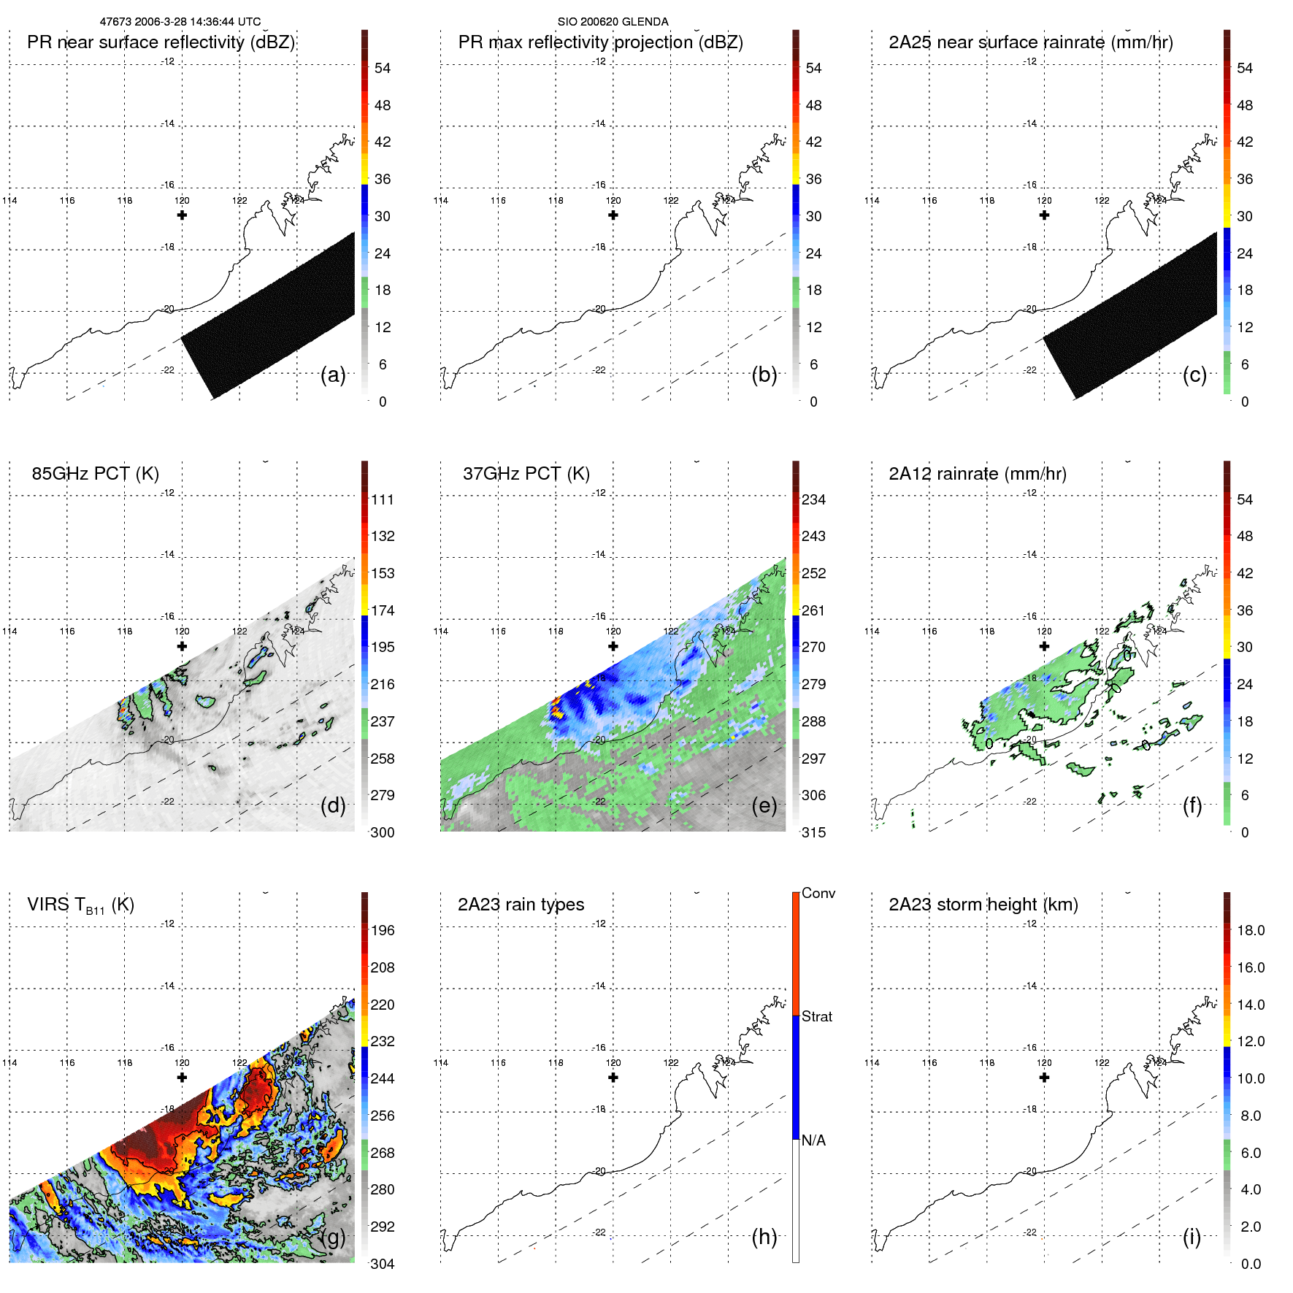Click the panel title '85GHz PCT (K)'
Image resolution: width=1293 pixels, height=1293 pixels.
(x=95, y=474)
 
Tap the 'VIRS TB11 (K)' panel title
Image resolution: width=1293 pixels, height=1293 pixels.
(x=80, y=905)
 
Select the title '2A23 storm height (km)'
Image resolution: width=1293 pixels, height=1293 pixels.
(x=983, y=905)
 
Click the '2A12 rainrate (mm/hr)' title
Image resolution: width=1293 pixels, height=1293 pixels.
(x=977, y=474)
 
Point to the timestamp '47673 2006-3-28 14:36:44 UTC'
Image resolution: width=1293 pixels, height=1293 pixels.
(x=180, y=22)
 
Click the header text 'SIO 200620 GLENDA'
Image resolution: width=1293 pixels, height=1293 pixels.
(x=613, y=22)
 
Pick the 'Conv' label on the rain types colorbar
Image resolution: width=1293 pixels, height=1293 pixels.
(x=818, y=893)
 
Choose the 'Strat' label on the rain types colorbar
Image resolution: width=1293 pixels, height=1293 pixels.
(x=816, y=1016)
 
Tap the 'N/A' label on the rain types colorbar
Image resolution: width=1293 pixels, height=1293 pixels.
(x=813, y=1140)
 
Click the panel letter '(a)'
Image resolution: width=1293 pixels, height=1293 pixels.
(x=333, y=375)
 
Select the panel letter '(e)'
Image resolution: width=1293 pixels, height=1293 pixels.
(x=764, y=806)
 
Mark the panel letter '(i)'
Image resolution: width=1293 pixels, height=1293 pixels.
(x=1192, y=1237)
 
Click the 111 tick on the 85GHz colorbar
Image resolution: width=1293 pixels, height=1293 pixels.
(x=383, y=500)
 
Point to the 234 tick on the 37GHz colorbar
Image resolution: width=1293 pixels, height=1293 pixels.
(x=813, y=500)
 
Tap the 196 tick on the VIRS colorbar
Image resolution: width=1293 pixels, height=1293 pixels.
(x=383, y=931)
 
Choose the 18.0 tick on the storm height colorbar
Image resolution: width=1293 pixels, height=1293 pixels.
(x=1251, y=931)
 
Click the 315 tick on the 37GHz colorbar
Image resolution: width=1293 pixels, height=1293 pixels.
(x=813, y=833)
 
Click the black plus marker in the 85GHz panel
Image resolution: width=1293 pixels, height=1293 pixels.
(x=182, y=646)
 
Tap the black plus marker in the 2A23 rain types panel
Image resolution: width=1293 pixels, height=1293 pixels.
(x=613, y=1078)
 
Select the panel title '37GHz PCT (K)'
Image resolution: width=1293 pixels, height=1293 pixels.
(x=526, y=474)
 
